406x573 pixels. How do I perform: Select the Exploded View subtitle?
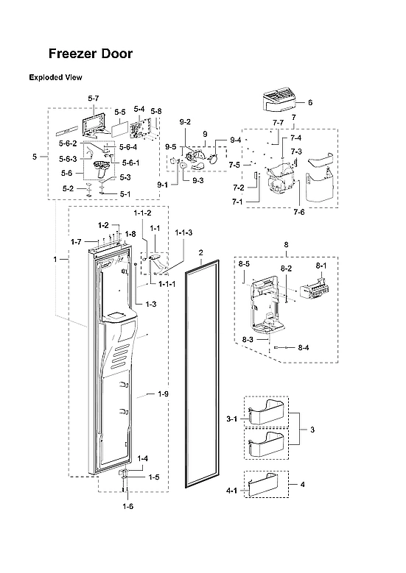click(x=55, y=77)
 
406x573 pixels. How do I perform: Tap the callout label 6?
click(x=310, y=102)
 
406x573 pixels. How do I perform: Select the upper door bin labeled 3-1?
click(x=265, y=413)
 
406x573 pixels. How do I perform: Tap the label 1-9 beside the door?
click(x=164, y=394)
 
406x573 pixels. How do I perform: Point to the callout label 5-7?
click(x=93, y=97)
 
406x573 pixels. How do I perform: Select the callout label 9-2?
click(x=184, y=121)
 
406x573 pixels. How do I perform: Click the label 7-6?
click(x=299, y=212)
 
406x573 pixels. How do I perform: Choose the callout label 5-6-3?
click(x=68, y=159)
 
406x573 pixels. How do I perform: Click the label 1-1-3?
click(x=183, y=232)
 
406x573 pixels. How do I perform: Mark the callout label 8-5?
click(x=244, y=263)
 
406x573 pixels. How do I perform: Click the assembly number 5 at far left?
click(x=35, y=157)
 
